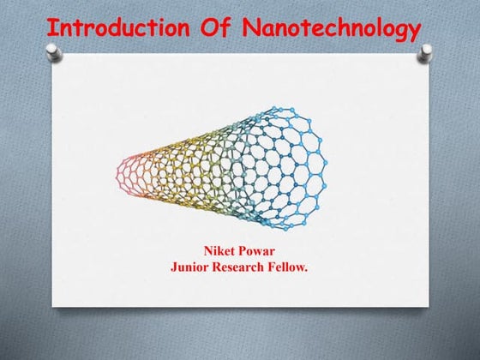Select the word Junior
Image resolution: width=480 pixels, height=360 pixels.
[x=191, y=267]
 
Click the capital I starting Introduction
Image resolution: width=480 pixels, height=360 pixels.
[x=51, y=27]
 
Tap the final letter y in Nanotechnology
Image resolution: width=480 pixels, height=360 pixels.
[x=413, y=31]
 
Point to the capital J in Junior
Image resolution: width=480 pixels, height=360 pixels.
[x=175, y=267]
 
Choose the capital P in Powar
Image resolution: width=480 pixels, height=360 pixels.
[x=243, y=250]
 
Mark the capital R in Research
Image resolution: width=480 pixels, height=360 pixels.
[x=219, y=267]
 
